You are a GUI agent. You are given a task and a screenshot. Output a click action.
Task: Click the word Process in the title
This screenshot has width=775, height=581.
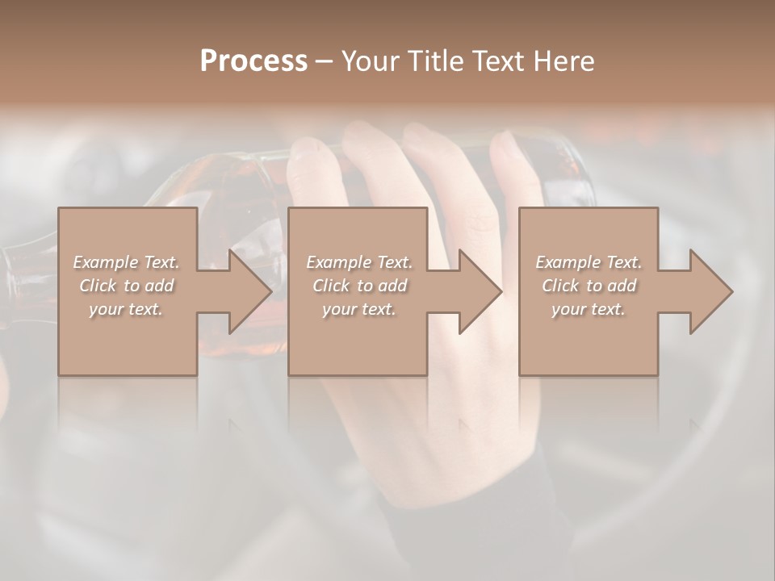tap(253, 61)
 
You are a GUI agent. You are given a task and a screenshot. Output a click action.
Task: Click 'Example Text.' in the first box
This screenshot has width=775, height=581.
tap(126, 262)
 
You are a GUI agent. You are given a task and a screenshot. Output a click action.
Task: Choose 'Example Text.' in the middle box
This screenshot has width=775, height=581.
tap(359, 262)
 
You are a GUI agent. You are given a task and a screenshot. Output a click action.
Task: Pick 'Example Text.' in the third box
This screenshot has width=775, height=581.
tap(589, 262)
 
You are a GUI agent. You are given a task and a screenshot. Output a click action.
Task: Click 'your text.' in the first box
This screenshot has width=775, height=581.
tap(126, 309)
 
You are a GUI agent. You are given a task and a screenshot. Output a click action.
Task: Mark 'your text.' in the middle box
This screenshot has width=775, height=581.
tap(359, 309)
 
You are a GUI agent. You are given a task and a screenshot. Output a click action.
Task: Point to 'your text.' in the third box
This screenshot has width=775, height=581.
tap(589, 309)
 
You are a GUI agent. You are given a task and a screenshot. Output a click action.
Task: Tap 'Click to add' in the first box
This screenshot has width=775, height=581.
tap(126, 286)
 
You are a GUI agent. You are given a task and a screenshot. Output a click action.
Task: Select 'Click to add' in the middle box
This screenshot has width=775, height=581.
tap(359, 286)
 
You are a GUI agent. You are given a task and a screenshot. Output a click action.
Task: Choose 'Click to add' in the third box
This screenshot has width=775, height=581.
tap(589, 286)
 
